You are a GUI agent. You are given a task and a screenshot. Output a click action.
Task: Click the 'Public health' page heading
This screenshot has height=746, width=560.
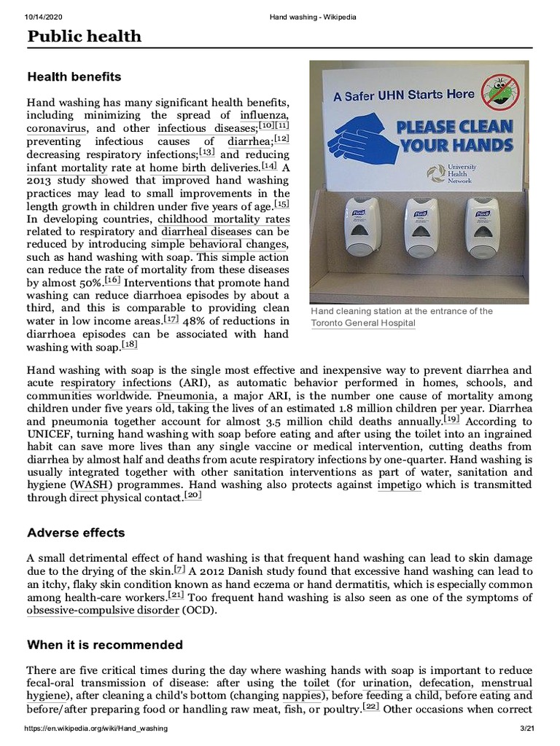(84, 36)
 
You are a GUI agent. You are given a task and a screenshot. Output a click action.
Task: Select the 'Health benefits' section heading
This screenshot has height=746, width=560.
(74, 76)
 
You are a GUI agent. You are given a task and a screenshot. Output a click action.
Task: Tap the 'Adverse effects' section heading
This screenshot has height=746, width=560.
(76, 533)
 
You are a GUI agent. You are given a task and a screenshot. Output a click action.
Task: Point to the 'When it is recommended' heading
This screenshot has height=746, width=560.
(105, 645)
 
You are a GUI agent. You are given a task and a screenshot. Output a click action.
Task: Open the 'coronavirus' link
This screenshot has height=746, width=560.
(57, 128)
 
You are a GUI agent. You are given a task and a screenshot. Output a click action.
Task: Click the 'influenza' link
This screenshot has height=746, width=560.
(264, 115)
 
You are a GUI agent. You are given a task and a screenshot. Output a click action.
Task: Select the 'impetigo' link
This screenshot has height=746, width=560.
(399, 485)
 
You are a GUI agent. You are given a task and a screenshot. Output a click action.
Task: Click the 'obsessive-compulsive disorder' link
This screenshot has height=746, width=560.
(103, 610)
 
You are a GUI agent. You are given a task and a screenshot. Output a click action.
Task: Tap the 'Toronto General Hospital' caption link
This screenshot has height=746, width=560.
(362, 323)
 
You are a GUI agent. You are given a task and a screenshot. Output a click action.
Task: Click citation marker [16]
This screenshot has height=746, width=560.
(112, 280)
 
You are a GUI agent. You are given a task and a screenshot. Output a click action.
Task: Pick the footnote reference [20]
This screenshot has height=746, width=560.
(193, 495)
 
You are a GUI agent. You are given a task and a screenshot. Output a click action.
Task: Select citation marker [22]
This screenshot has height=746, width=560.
(372, 706)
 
